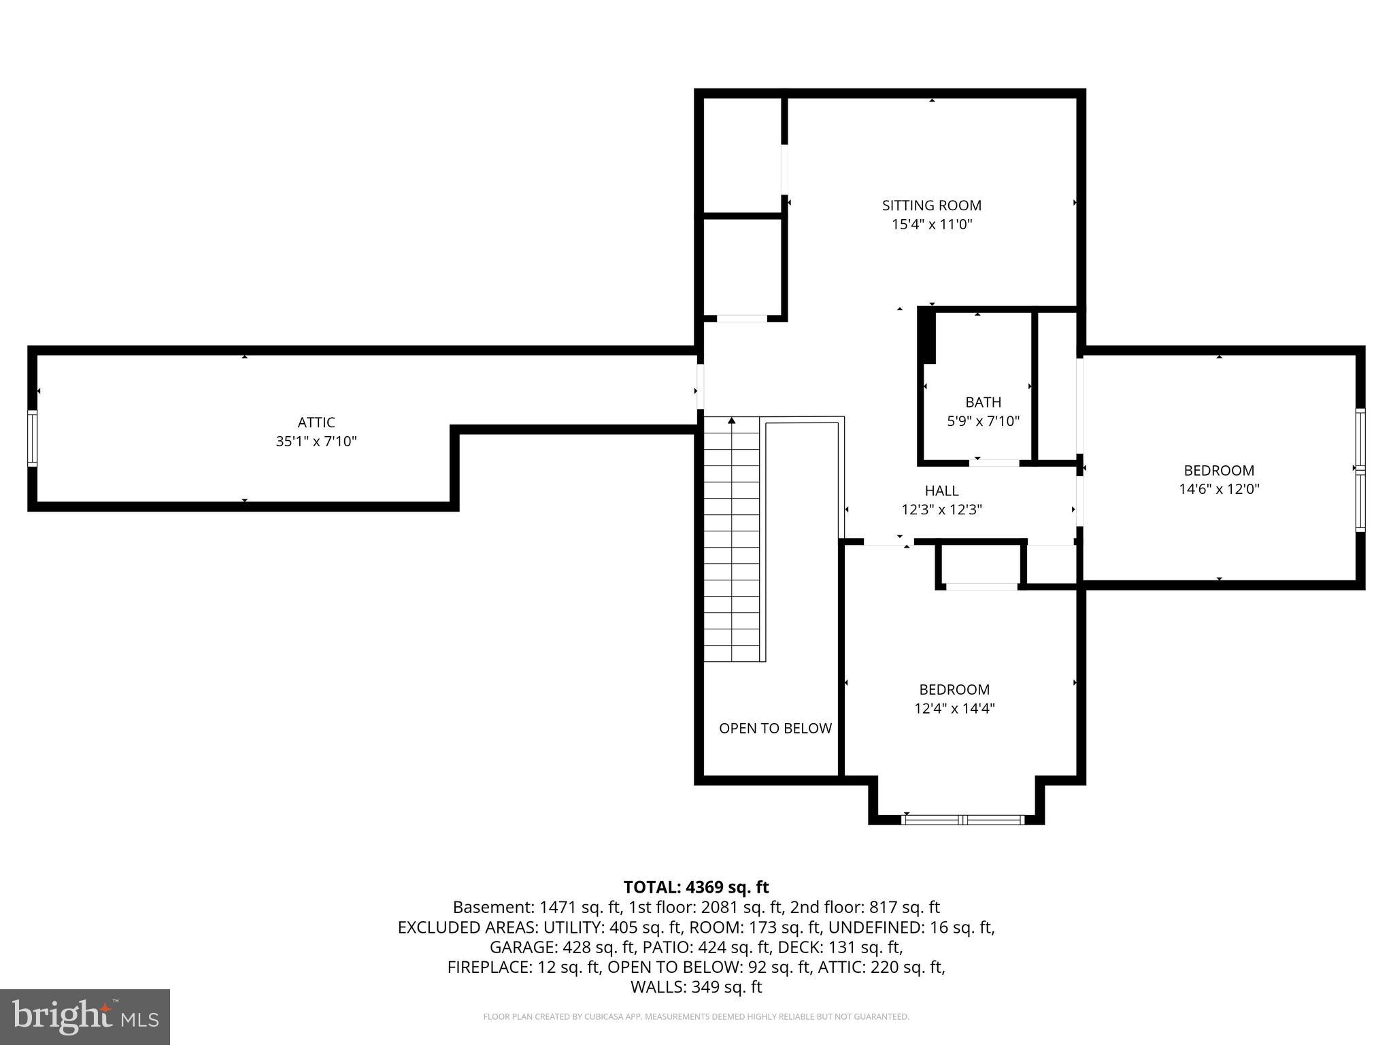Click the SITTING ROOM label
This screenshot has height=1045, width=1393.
pyautogui.click(x=931, y=205)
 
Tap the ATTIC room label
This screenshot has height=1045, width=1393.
pyautogui.click(x=316, y=422)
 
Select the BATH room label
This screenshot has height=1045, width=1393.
pyautogui.click(x=983, y=402)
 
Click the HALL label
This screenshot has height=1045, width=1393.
pyautogui.click(x=941, y=491)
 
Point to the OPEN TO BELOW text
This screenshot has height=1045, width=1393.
pyautogui.click(x=775, y=729)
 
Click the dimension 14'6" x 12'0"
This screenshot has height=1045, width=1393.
pyautogui.click(x=1219, y=489)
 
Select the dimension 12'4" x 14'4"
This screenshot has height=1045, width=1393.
pyautogui.click(x=954, y=709)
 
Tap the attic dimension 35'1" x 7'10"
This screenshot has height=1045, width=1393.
pyautogui.click(x=316, y=442)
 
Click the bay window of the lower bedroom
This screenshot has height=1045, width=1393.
pyautogui.click(x=962, y=820)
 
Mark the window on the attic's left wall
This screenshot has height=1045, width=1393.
pyautogui.click(x=32, y=438)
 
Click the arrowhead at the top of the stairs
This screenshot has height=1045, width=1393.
pyautogui.click(x=732, y=421)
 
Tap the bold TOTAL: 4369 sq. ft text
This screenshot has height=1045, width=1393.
pyautogui.click(x=696, y=887)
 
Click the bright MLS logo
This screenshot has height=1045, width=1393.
pyautogui.click(x=85, y=1017)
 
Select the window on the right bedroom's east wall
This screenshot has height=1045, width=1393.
pyautogui.click(x=1360, y=469)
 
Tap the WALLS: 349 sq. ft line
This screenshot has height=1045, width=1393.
pyautogui.click(x=696, y=987)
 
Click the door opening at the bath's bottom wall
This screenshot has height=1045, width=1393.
pyautogui.click(x=994, y=463)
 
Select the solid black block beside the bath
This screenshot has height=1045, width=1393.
pyautogui.click(x=927, y=335)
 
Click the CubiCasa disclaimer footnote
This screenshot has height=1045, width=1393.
pyautogui.click(x=696, y=1017)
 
